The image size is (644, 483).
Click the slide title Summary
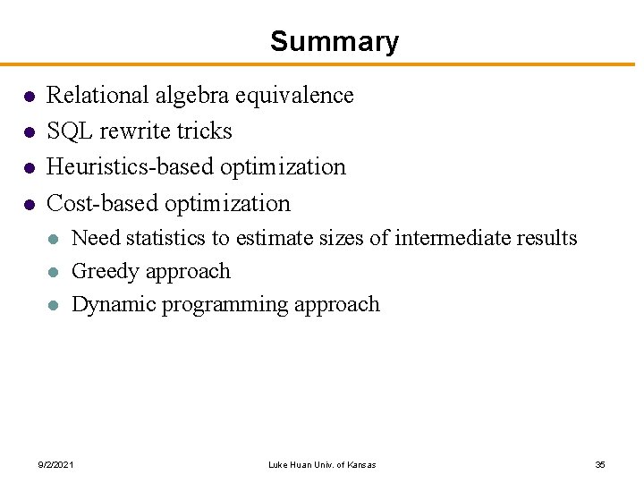[x=334, y=41]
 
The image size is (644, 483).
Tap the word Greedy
[x=101, y=271]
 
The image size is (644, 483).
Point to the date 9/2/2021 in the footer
[x=55, y=464]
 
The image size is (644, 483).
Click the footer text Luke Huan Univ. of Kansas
[x=322, y=464]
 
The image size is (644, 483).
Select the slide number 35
[x=600, y=464]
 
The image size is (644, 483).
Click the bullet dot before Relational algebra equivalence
[x=29, y=96]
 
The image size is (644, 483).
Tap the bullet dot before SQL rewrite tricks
[x=29, y=131]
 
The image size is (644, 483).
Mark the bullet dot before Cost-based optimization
[x=29, y=204]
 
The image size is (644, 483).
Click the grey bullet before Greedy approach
[x=54, y=272]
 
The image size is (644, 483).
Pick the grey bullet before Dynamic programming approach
[x=54, y=305]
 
